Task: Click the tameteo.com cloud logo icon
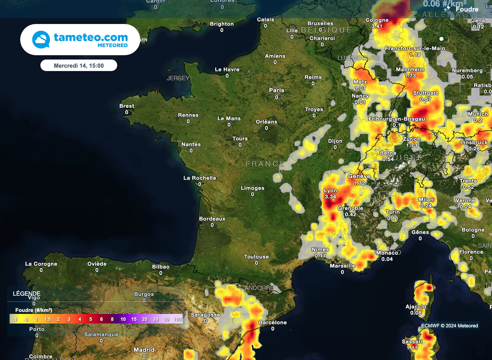pyautogui.click(x=41, y=39)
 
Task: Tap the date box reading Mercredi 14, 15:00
pyautogui.click(x=79, y=65)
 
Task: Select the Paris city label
pyautogui.click(x=277, y=90)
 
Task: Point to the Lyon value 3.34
pyautogui.click(x=331, y=197)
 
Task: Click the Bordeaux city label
pyautogui.click(x=212, y=219)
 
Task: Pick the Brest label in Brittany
pyautogui.click(x=127, y=106)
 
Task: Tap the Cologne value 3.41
pyautogui.click(x=377, y=26)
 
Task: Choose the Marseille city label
pyautogui.click(x=343, y=266)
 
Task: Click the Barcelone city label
pyautogui.click(x=272, y=323)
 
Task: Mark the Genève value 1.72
pyautogui.click(x=359, y=183)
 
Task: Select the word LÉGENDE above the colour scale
pyautogui.click(x=26, y=294)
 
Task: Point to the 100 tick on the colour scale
pyautogui.click(x=177, y=319)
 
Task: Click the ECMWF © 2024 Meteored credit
pyautogui.click(x=450, y=325)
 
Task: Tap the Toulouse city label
pyautogui.click(x=256, y=257)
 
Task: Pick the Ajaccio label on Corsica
pyautogui.click(x=416, y=307)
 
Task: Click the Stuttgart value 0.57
pyautogui.click(x=425, y=99)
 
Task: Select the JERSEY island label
pyautogui.click(x=178, y=78)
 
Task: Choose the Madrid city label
pyautogui.click(x=144, y=350)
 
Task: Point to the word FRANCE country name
pyautogui.click(x=265, y=164)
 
